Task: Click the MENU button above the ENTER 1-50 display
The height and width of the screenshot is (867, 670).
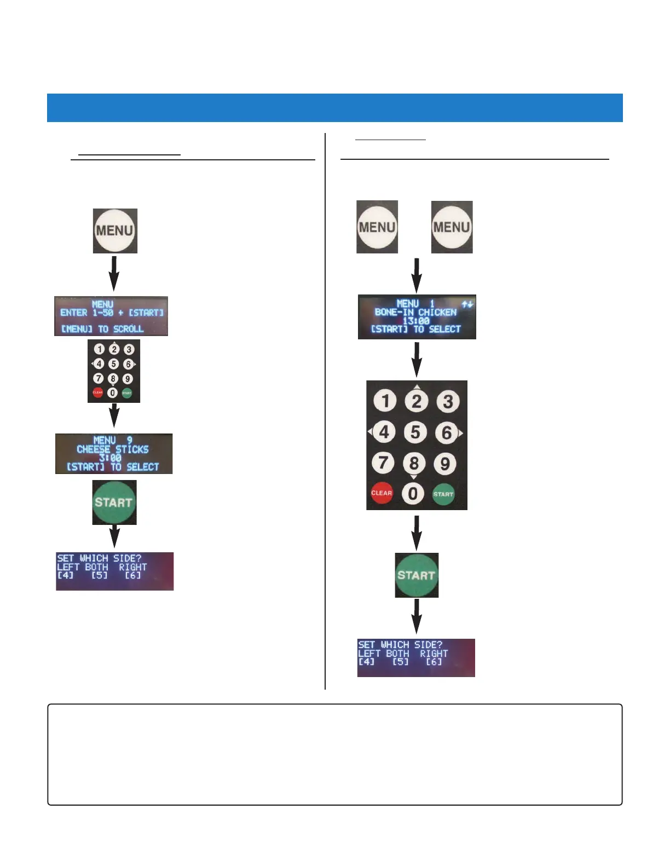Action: (x=115, y=230)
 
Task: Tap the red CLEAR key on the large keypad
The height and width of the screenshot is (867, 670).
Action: (x=382, y=493)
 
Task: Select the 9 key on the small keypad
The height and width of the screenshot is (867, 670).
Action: (x=128, y=378)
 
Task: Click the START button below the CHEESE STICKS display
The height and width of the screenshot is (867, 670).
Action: (x=114, y=502)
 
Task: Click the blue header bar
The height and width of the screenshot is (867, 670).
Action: (x=334, y=107)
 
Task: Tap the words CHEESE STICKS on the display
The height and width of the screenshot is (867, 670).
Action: (x=113, y=449)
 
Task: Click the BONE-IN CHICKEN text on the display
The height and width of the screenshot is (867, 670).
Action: (x=415, y=312)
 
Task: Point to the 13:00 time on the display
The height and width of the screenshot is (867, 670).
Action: (x=416, y=321)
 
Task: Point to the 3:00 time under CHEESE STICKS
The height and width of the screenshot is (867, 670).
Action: (x=110, y=458)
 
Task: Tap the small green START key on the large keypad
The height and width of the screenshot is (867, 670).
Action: (x=443, y=494)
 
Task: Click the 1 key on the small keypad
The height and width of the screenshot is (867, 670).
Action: (x=99, y=349)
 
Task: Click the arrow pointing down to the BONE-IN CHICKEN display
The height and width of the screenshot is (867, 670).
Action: (x=417, y=275)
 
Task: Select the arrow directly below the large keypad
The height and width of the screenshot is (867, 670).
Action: (x=417, y=533)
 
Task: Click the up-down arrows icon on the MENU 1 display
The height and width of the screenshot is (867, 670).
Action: (x=467, y=304)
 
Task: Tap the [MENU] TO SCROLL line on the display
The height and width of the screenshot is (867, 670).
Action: (x=102, y=329)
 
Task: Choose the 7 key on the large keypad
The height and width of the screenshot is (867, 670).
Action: (x=383, y=463)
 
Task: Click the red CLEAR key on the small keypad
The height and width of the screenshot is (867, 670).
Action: (x=98, y=392)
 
